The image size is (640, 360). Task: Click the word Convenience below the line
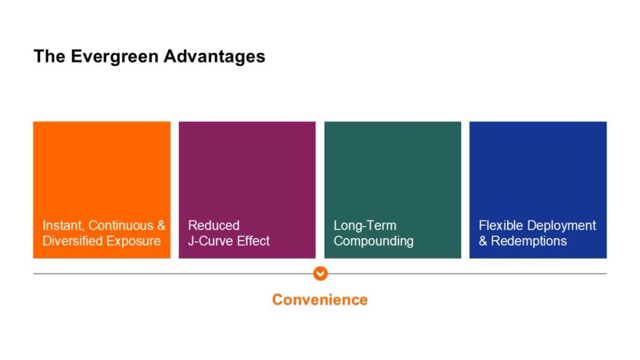click(x=319, y=300)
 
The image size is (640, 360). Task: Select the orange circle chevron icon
click(x=320, y=273)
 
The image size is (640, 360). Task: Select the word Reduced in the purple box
click(x=214, y=226)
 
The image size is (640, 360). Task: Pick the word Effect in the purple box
click(x=252, y=241)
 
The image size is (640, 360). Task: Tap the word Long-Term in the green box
click(x=365, y=226)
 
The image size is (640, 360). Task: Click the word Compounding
click(x=373, y=241)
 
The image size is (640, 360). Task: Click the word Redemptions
click(x=529, y=241)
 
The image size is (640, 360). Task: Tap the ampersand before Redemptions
click(x=483, y=241)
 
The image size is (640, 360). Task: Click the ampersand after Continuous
click(x=161, y=226)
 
